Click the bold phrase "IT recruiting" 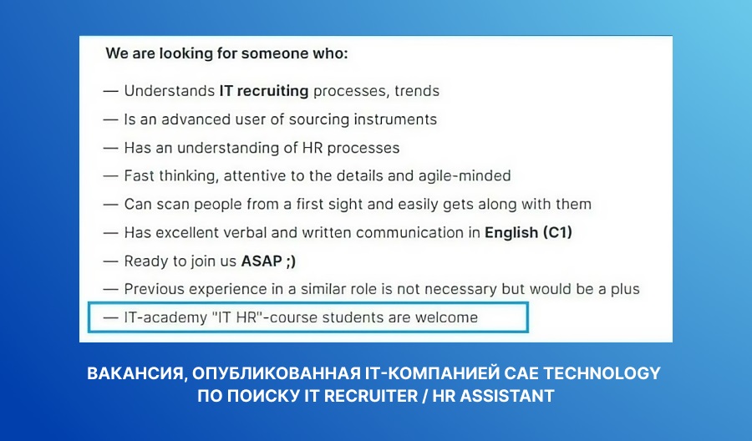[264, 91]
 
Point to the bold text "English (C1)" [529, 232]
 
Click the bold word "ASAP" [262, 261]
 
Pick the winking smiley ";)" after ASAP [291, 261]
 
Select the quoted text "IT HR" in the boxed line [238, 317]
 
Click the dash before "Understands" [111, 91]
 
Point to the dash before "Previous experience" [111, 290]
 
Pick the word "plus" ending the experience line [625, 290]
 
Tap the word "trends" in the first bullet [417, 91]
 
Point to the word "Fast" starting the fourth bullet [140, 176]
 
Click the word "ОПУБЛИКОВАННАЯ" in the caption [277, 373]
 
